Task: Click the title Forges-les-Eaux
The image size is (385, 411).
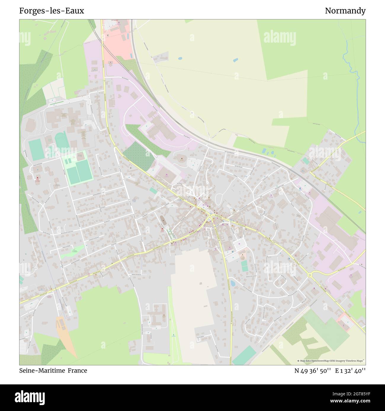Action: [52, 11]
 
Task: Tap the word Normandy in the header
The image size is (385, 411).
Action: [345, 11]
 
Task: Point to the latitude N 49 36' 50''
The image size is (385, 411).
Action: [312, 370]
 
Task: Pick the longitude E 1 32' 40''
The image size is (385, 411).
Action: [350, 370]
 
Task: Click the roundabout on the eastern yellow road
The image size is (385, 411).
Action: [310, 275]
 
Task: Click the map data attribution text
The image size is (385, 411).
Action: [331, 361]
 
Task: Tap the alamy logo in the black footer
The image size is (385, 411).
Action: [30, 397]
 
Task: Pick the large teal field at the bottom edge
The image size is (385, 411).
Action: [244, 355]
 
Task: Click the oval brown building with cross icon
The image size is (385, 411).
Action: [162, 220]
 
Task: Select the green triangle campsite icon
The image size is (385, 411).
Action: [174, 335]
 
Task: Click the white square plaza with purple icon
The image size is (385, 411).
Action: [240, 244]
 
